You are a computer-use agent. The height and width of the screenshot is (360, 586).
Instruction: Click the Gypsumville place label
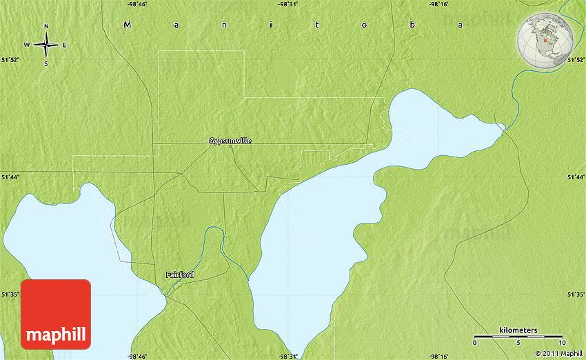[230, 141]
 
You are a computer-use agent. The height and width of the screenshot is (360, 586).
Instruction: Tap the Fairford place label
[180, 274]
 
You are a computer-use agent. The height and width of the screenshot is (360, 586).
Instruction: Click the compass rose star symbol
[46, 46]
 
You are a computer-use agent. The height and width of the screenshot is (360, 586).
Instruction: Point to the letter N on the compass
[46, 27]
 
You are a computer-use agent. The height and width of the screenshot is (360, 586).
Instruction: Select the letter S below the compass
[46, 64]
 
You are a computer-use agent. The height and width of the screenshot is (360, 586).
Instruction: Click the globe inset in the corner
[546, 39]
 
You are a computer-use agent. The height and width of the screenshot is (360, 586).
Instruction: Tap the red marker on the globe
[545, 41]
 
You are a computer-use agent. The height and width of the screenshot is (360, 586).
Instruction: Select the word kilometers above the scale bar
[518, 330]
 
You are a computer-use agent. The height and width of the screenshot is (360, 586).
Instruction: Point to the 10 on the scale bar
[562, 343]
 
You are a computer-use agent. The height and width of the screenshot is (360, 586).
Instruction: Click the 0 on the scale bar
[474, 343]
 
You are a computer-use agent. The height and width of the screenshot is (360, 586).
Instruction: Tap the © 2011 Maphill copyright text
[558, 354]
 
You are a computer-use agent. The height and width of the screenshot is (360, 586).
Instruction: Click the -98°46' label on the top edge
[137, 4]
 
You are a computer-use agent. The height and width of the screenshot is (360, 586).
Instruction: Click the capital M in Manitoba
[127, 24]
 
